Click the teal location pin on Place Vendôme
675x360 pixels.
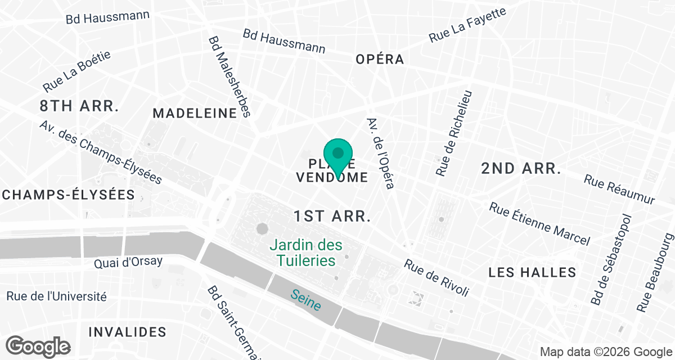tap(338, 157)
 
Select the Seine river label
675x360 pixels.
tap(307, 300)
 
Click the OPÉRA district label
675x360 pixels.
tap(380, 59)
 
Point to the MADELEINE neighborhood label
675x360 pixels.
tap(195, 113)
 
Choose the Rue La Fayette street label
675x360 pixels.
tap(467, 25)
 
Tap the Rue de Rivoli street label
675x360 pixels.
tap(436, 278)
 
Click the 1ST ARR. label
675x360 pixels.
tap(332, 216)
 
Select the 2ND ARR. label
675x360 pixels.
tap(521, 168)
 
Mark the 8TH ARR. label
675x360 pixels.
tap(79, 105)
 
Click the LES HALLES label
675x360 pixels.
tap(532, 273)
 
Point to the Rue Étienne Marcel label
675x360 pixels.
tap(539, 224)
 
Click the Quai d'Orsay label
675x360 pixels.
tap(129, 262)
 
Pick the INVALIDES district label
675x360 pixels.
tap(128, 331)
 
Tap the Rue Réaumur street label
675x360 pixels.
tap(619, 190)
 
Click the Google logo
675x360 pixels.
tap(39, 346)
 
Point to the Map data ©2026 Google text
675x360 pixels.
tap(605, 352)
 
